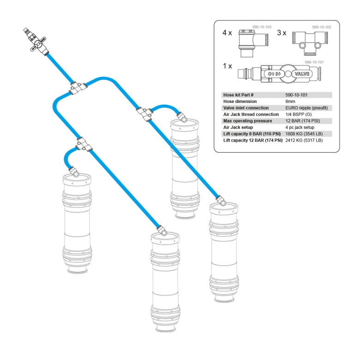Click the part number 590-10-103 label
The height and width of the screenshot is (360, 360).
pos(261,28)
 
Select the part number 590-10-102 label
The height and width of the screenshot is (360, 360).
pos(322,28)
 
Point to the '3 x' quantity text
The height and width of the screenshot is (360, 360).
pos(282,34)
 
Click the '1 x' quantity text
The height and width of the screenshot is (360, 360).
pos(227,66)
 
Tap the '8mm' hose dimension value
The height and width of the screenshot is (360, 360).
pos(291,101)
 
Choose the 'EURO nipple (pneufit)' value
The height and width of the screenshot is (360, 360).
pos(306,108)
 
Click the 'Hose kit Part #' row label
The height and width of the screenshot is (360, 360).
pos(238,95)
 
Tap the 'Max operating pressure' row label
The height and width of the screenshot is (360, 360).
pos(247,120)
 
